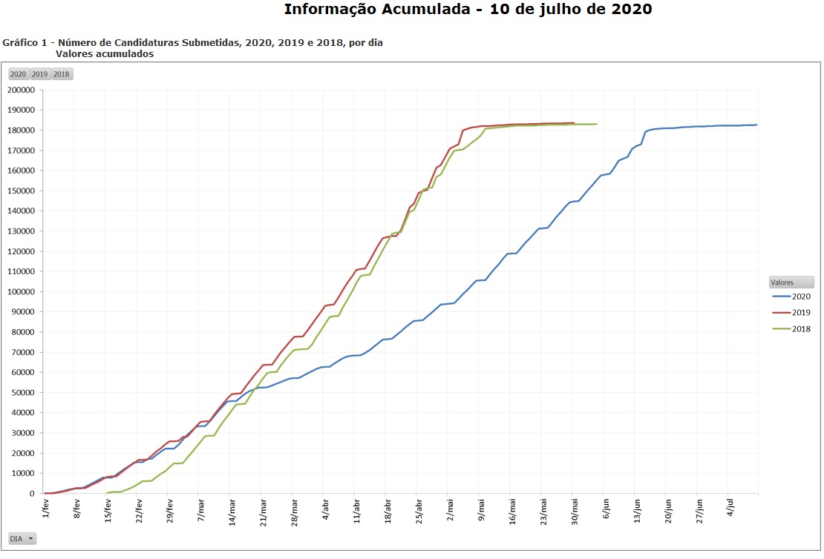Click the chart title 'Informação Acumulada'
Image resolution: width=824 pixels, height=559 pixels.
[468, 10]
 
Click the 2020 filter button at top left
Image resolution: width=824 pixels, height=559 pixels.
[18, 74]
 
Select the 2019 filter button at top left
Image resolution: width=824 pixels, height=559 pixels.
[39, 74]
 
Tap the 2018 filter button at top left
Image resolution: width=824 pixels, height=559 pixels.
[62, 74]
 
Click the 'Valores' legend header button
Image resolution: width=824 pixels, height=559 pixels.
[791, 282]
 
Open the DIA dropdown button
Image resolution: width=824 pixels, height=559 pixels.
[22, 539]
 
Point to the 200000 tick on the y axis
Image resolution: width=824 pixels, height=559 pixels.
[21, 90]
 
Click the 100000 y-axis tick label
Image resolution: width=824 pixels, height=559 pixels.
[21, 292]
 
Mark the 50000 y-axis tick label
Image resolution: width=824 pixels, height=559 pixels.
[23, 393]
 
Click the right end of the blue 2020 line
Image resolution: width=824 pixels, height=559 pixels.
[756, 125]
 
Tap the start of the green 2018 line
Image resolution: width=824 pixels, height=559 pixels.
[108, 493]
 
